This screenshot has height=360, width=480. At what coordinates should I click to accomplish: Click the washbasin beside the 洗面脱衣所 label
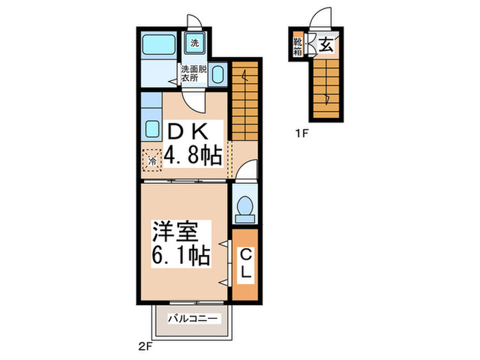[217, 74]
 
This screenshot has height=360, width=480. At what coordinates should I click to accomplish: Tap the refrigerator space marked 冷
[152, 160]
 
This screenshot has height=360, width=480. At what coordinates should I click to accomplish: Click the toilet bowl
[243, 206]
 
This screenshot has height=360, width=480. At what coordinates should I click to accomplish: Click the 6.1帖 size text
[180, 256]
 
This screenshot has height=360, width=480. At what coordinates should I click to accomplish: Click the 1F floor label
[302, 134]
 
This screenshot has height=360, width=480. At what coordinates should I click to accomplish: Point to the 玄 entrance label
[326, 47]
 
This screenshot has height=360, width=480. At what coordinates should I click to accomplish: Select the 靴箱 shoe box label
[300, 47]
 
